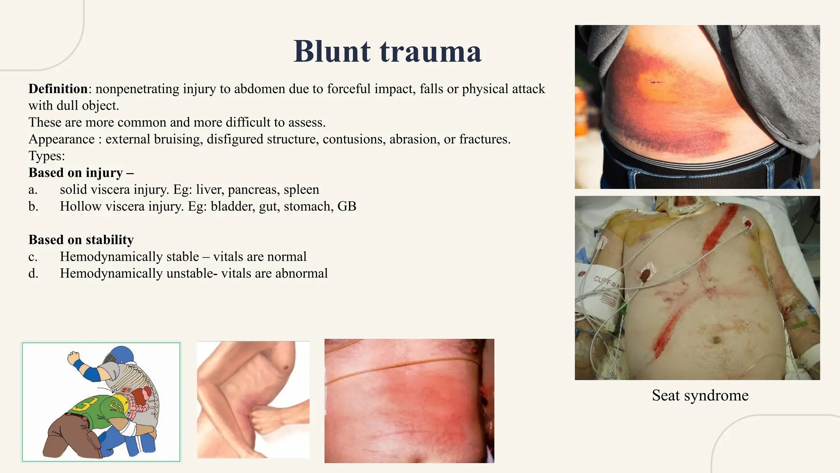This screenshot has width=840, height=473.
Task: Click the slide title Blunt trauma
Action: click(387, 51)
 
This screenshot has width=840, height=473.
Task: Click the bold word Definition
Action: click(58, 89)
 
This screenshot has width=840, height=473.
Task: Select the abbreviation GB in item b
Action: click(347, 206)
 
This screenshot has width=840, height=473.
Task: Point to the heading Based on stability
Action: click(81, 240)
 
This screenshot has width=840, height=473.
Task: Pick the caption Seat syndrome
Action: click(700, 395)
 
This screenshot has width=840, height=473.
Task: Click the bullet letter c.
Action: click(33, 257)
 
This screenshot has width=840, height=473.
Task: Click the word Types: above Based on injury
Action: click(47, 156)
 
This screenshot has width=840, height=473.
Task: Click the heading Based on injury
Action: click(81, 173)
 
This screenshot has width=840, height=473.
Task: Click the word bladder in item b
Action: click(233, 206)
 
